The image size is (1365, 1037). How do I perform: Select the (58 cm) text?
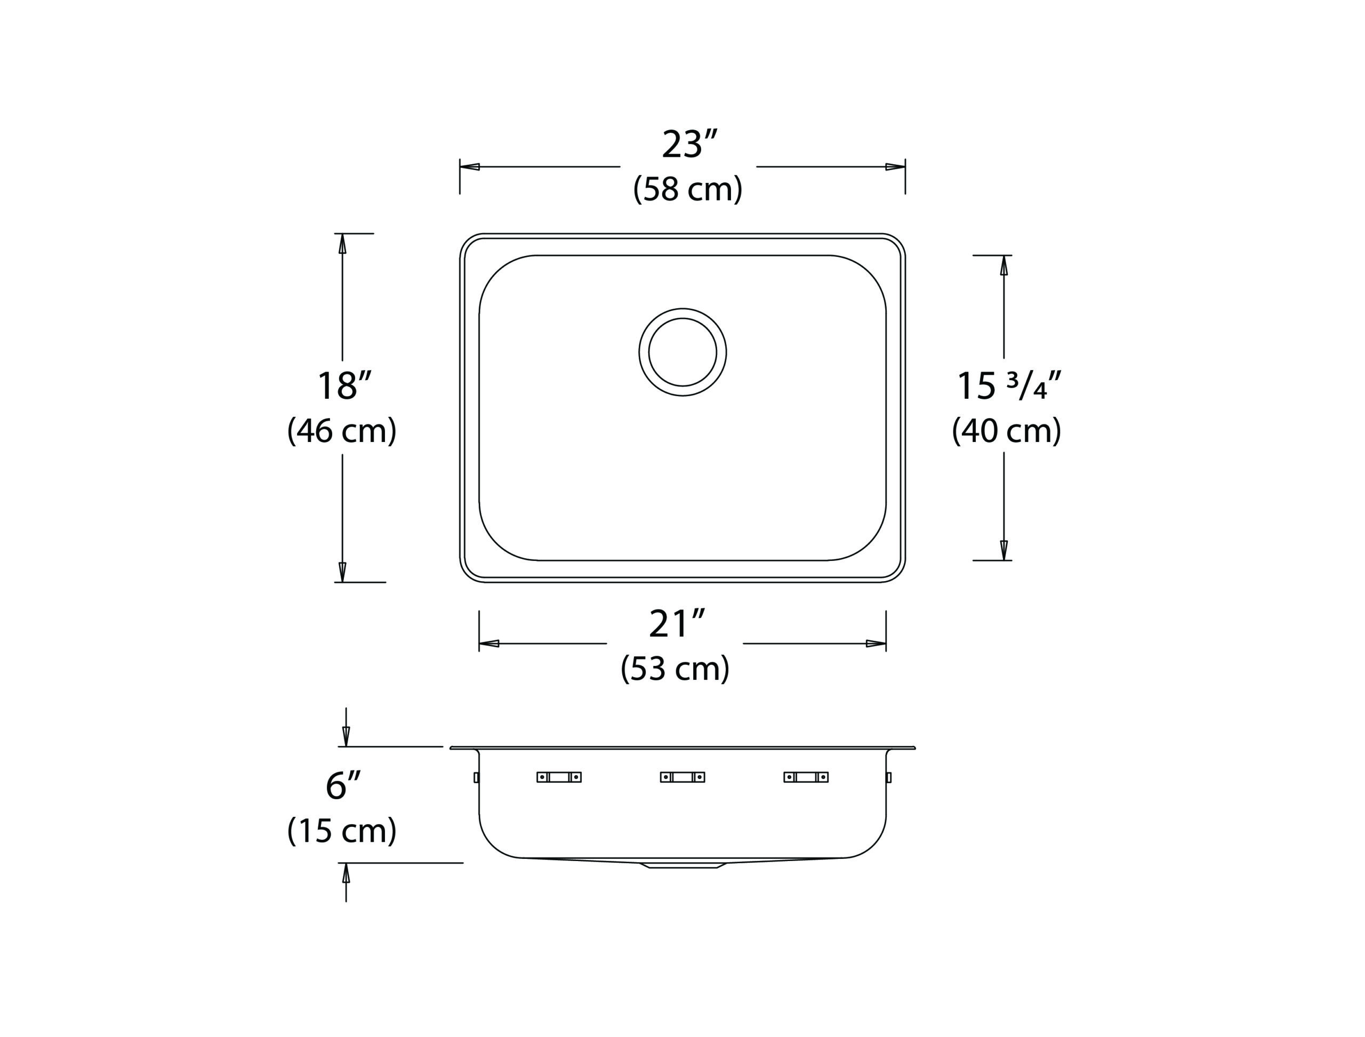click(688, 189)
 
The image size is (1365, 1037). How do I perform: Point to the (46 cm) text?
click(342, 430)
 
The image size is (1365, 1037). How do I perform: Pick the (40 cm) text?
click(1006, 430)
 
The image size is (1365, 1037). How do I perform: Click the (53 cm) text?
click(676, 669)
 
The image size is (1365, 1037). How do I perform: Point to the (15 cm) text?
click(342, 831)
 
